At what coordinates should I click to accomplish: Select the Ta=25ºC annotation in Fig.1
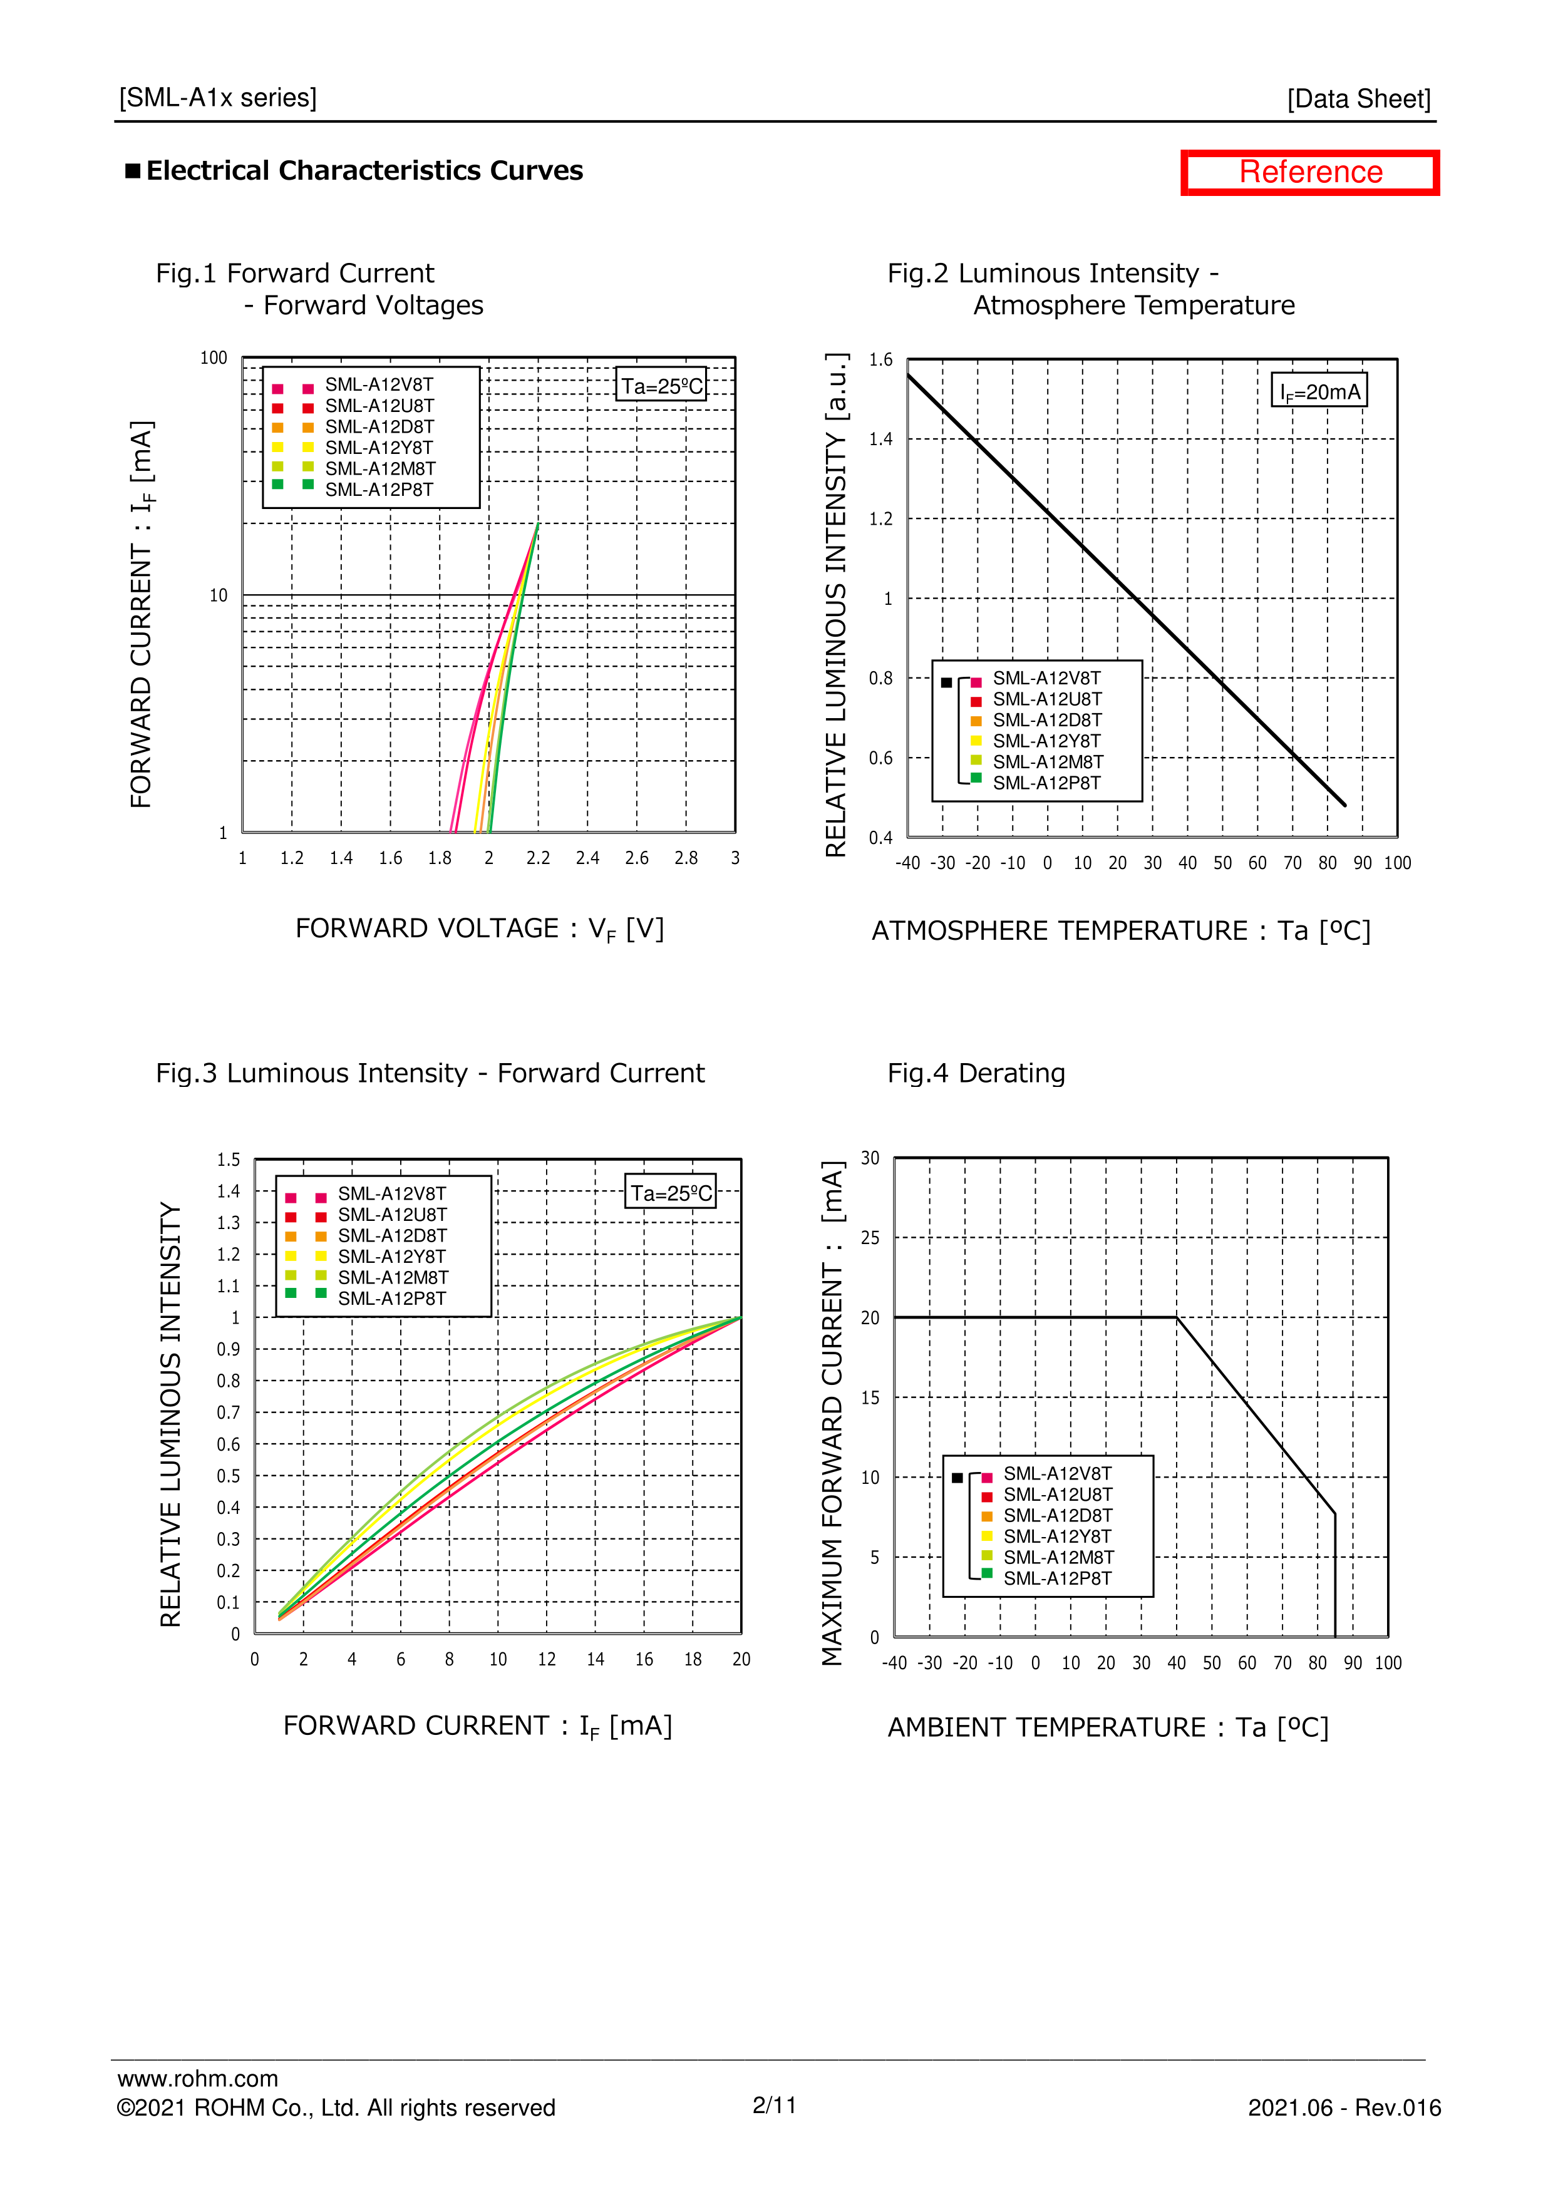[x=661, y=386]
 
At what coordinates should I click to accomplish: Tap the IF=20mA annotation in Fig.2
[x=1319, y=391]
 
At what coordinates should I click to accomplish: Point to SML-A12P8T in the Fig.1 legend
[x=379, y=490]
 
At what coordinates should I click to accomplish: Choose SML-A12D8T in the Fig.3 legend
[x=391, y=1235]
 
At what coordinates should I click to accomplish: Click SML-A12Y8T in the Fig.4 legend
[x=1056, y=1536]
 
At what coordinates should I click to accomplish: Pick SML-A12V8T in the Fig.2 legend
[x=1046, y=679]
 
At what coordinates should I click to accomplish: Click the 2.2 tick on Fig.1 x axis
[x=538, y=858]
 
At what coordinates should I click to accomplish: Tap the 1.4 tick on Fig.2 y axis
[x=880, y=439]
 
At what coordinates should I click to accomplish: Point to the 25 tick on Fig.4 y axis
[x=870, y=1238]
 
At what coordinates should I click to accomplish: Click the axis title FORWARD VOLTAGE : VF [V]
[x=480, y=929]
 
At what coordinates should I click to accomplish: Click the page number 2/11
[x=774, y=2105]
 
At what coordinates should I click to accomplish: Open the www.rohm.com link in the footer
[x=198, y=2078]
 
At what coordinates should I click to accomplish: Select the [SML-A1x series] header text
[x=218, y=98]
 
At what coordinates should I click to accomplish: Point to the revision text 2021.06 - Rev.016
[x=1343, y=2108]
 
